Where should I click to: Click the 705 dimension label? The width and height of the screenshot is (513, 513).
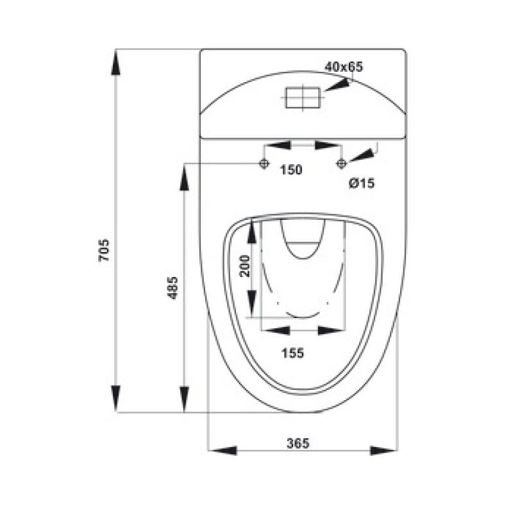coord(104,250)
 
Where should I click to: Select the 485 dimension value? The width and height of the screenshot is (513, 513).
coord(172,288)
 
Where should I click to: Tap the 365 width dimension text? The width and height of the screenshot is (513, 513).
coord(298,443)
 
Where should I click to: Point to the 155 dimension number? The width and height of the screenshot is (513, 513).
coord(293,353)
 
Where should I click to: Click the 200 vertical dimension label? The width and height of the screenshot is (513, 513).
coord(245,266)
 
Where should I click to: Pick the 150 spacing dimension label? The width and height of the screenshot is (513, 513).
coord(291,170)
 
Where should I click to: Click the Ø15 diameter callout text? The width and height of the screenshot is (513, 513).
coord(362,183)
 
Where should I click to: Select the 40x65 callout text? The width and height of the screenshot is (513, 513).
coord(344,67)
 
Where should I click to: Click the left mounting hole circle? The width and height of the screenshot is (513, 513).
coord(264,163)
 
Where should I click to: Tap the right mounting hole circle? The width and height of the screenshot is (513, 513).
coord(342,163)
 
